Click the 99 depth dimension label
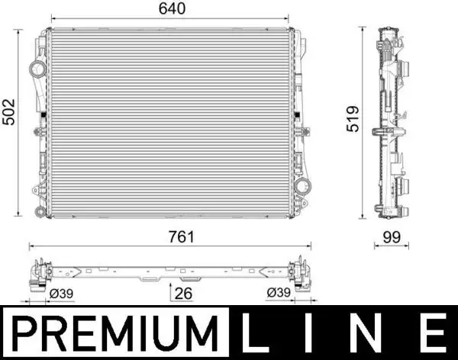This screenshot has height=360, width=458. (x=392, y=236)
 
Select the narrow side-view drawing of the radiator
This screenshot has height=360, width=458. (x=392, y=122)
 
